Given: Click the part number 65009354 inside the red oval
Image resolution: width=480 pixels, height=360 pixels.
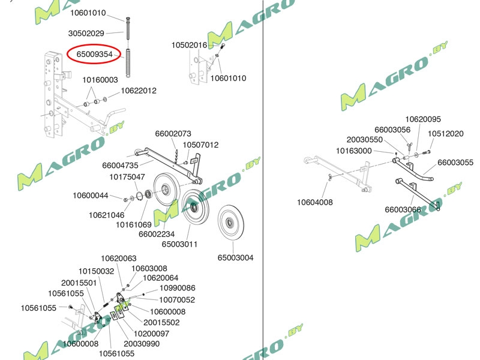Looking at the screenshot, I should pyautogui.click(x=95, y=54).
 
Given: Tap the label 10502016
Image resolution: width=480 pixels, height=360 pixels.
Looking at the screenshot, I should pyautogui.click(x=189, y=45).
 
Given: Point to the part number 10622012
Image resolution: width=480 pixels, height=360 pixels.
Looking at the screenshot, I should pyautogui.click(x=139, y=91).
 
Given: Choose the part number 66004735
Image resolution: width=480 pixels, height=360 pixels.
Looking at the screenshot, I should pyautogui.click(x=120, y=165).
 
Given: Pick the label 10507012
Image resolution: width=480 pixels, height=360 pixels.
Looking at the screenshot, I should pyautogui.click(x=200, y=145).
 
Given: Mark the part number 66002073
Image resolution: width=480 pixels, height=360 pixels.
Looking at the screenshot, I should pyautogui.click(x=173, y=133).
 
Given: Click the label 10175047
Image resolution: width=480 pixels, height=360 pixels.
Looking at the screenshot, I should pyautogui.click(x=127, y=176).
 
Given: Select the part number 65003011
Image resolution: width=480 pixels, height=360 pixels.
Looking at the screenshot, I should pyautogui.click(x=179, y=244).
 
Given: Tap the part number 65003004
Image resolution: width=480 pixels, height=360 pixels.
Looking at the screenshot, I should pyautogui.click(x=235, y=257).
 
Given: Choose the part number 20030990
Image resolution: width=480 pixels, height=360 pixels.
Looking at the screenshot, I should pyautogui.click(x=142, y=343).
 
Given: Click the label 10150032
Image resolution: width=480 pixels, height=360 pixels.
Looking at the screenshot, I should pyautogui.click(x=96, y=271).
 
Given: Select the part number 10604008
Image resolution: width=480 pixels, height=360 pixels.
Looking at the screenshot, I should pyautogui.click(x=314, y=202).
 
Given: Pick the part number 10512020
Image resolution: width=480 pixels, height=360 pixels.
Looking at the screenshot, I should pyautogui.click(x=445, y=134).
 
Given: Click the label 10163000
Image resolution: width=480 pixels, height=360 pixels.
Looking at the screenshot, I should pyautogui.click(x=353, y=151).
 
